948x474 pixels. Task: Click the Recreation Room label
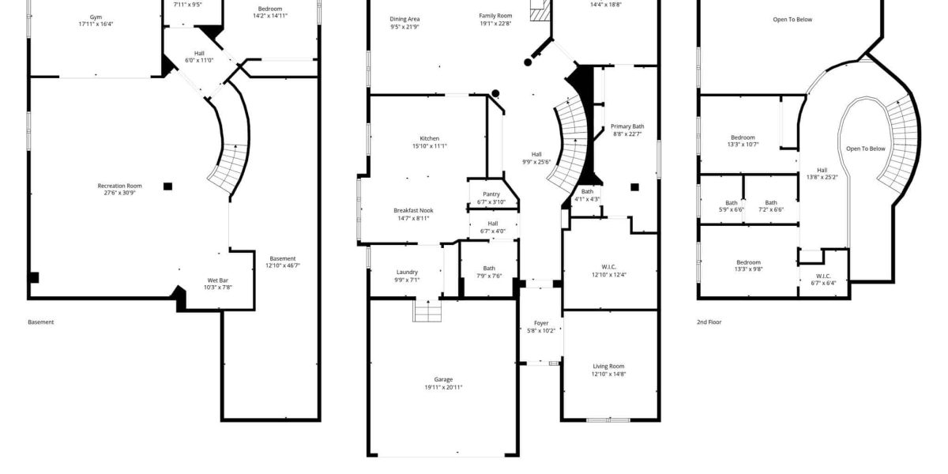pos(120,186)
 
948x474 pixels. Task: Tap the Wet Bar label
pos(218,280)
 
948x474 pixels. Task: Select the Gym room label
pos(96,17)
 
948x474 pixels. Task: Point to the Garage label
pos(443,380)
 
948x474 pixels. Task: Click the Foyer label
pos(541,323)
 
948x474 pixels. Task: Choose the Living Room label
pos(608,366)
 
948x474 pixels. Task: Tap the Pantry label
pos(491,194)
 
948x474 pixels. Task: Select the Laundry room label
pos(407,272)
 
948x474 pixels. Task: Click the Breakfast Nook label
pos(413,210)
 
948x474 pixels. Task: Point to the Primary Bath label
pos(627,126)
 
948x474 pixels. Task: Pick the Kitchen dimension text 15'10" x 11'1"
pos(430,146)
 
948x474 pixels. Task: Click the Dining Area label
pos(404,19)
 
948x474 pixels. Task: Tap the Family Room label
pos(495,16)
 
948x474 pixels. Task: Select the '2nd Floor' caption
pos(709,322)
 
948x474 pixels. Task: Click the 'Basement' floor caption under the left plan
pos(41,322)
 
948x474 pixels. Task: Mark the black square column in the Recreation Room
pos(168,186)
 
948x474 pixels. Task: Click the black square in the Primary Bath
pos(635,187)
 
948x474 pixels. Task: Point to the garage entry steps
pos(428,310)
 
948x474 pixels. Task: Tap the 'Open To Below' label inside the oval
pos(866,149)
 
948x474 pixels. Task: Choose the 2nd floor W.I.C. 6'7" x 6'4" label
pos(823,280)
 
